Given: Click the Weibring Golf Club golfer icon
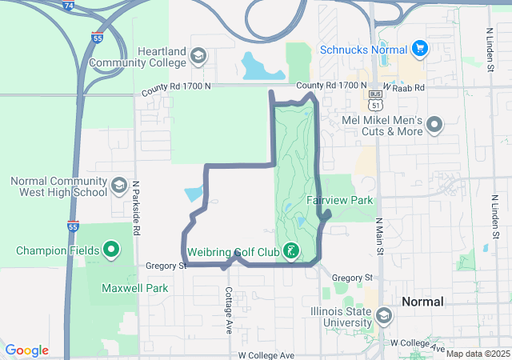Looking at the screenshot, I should click(x=291, y=251).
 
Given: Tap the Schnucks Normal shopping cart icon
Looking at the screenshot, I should click(x=419, y=50).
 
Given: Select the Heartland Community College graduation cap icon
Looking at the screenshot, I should click(x=197, y=57).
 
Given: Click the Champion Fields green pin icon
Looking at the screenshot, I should click(x=111, y=250).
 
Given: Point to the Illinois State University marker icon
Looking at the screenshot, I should click(x=384, y=316).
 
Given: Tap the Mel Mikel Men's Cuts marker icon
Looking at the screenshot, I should click(x=434, y=125).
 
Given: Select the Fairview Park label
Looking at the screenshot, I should click(x=339, y=199).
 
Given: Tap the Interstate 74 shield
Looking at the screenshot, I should click(x=69, y=4).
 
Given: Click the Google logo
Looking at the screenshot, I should click(x=26, y=350).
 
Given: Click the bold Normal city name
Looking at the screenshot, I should click(x=422, y=302).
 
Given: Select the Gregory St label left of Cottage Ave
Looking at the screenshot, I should click(x=166, y=265).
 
